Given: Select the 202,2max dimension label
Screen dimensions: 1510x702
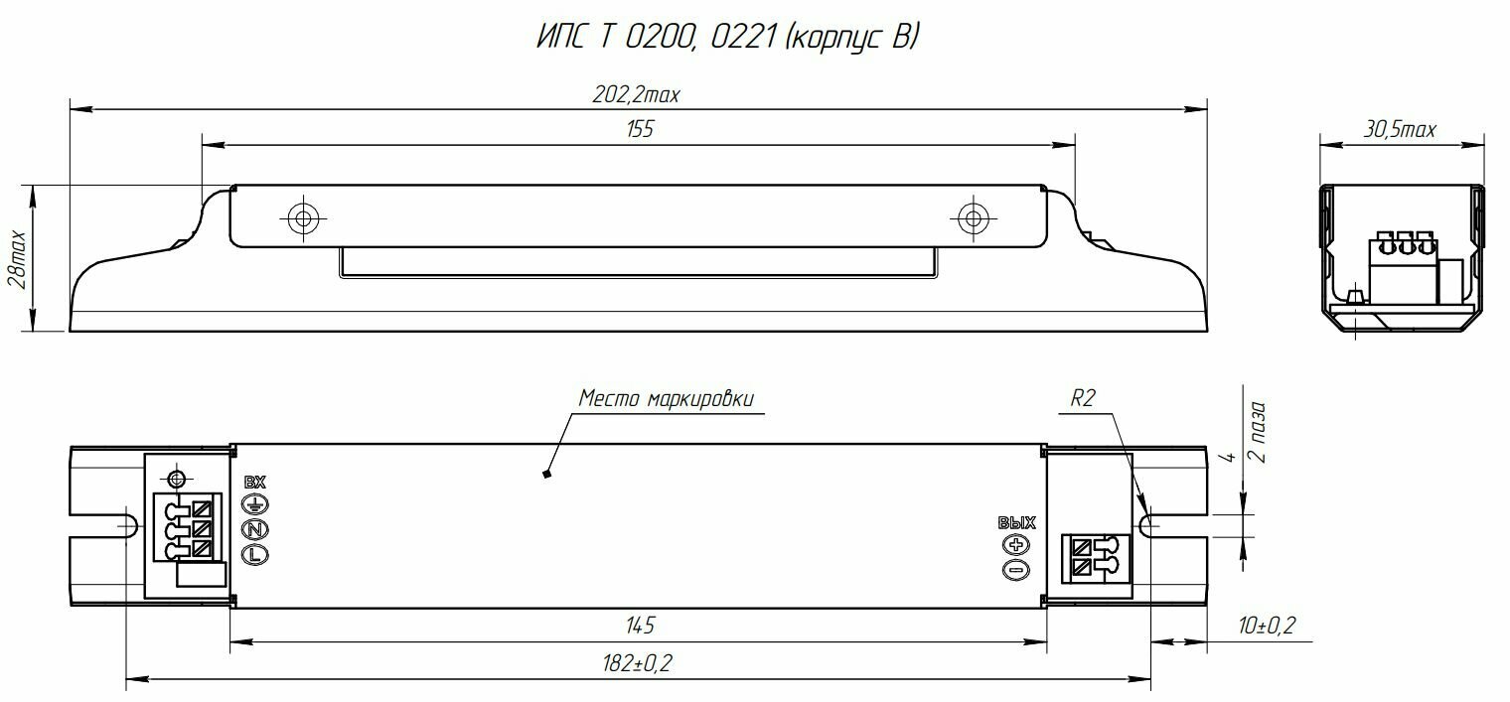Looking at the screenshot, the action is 636,95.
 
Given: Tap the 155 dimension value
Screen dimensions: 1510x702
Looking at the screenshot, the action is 640,129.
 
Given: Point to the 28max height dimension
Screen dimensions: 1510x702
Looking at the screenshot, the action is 18,259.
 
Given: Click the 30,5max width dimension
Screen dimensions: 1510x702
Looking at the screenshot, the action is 1400,129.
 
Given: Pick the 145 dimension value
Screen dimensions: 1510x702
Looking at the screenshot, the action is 640,626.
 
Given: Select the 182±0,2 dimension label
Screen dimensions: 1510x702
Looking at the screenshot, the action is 638,663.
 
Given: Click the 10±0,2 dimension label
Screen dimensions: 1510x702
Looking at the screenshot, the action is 1267,626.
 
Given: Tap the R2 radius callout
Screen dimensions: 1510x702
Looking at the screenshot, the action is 1083,399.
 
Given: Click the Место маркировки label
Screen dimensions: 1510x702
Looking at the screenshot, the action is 666,398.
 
